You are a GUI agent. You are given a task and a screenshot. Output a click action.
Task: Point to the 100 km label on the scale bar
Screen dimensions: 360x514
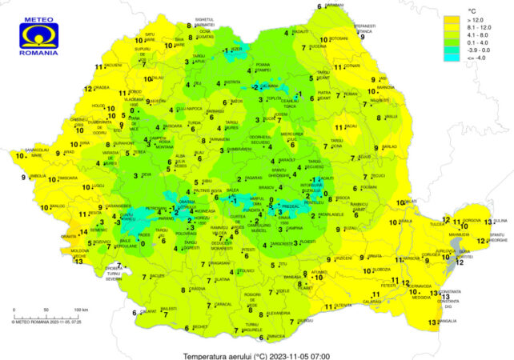pos(80,308)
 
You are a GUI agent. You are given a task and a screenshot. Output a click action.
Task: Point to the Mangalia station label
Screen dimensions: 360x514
pos(448,322)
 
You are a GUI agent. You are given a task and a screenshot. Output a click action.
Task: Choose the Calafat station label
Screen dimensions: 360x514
pos(148,311)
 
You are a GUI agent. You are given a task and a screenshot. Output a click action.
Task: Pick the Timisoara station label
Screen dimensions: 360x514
pos(66,178)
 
